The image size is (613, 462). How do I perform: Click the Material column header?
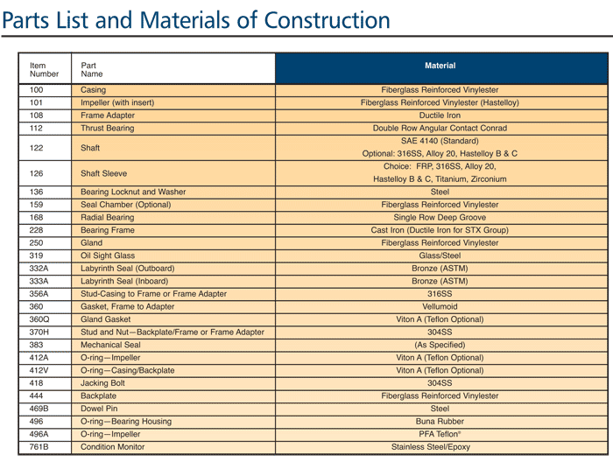coord(440,66)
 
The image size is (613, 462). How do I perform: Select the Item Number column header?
coord(44,69)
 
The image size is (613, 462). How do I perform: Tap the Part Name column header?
coord(91,69)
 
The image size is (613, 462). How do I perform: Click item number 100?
coord(37,90)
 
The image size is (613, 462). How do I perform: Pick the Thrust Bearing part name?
coord(107,128)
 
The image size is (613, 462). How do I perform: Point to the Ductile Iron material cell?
coord(440,115)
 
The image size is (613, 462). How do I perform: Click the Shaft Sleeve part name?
coord(103,173)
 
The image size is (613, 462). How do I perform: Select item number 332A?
coord(39,269)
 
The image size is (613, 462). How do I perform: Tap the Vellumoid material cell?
coord(440,306)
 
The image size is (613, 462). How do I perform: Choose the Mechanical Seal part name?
coord(110,345)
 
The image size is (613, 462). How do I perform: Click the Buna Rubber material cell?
coord(440,422)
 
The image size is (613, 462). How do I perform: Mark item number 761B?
coord(39,447)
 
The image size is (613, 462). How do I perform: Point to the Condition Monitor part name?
coord(113,447)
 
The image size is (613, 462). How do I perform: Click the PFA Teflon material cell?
coord(440,434)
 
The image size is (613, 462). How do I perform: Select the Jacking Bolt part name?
coord(102,383)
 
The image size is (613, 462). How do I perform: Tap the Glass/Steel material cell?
coord(440,255)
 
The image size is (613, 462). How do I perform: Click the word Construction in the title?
coord(327,20)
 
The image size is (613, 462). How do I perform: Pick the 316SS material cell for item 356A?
coord(440,294)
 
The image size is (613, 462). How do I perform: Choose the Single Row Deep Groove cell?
coord(440,217)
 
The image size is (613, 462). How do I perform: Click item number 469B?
coord(39,409)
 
